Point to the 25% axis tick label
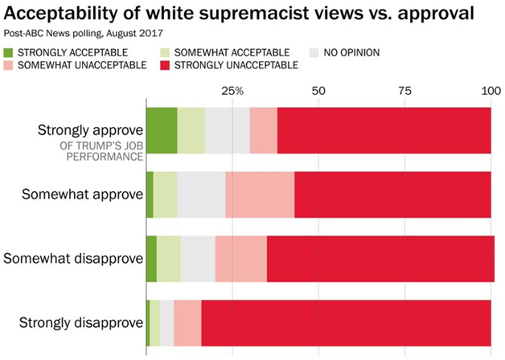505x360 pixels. [x=232, y=91]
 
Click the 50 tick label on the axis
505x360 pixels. [x=318, y=91]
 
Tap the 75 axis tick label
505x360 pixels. [x=404, y=91]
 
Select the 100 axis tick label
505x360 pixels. [x=489, y=91]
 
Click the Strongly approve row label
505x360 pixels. [x=90, y=130]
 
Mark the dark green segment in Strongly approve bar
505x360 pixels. [x=161, y=129]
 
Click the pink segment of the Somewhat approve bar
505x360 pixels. [x=260, y=194]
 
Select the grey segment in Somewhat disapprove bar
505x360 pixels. [x=198, y=259]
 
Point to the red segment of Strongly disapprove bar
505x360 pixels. [x=346, y=323]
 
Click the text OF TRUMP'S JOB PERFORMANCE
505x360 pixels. [x=100, y=151]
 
